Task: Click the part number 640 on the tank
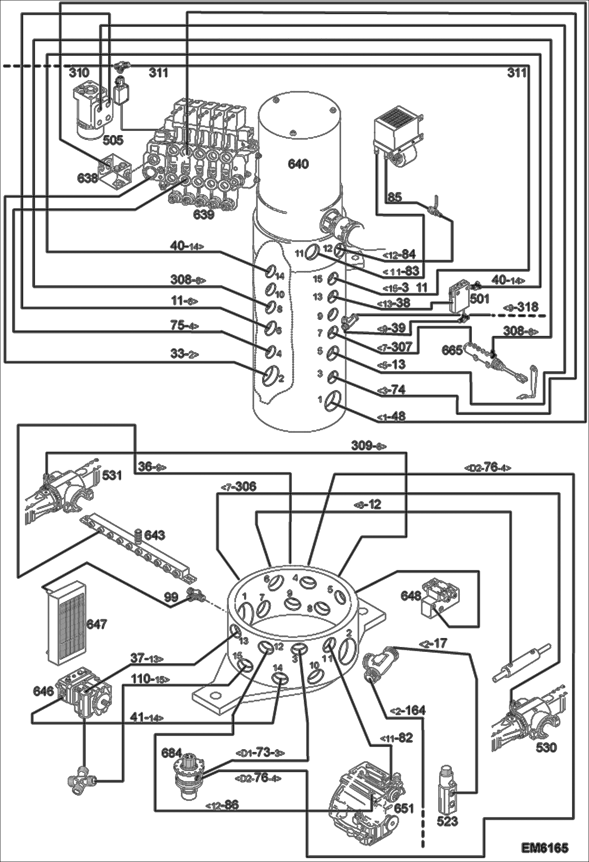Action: [298, 164]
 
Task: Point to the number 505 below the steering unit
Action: [112, 140]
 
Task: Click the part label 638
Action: [87, 178]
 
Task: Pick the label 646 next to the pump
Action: [44, 691]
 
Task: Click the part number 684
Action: [172, 753]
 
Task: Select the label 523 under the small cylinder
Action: [447, 821]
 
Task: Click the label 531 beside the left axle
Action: [112, 475]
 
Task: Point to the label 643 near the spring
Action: [155, 535]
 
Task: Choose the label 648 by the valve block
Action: [410, 595]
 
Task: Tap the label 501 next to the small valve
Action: [479, 299]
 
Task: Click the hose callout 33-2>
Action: [184, 354]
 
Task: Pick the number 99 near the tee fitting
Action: [171, 597]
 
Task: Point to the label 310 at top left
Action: [79, 73]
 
